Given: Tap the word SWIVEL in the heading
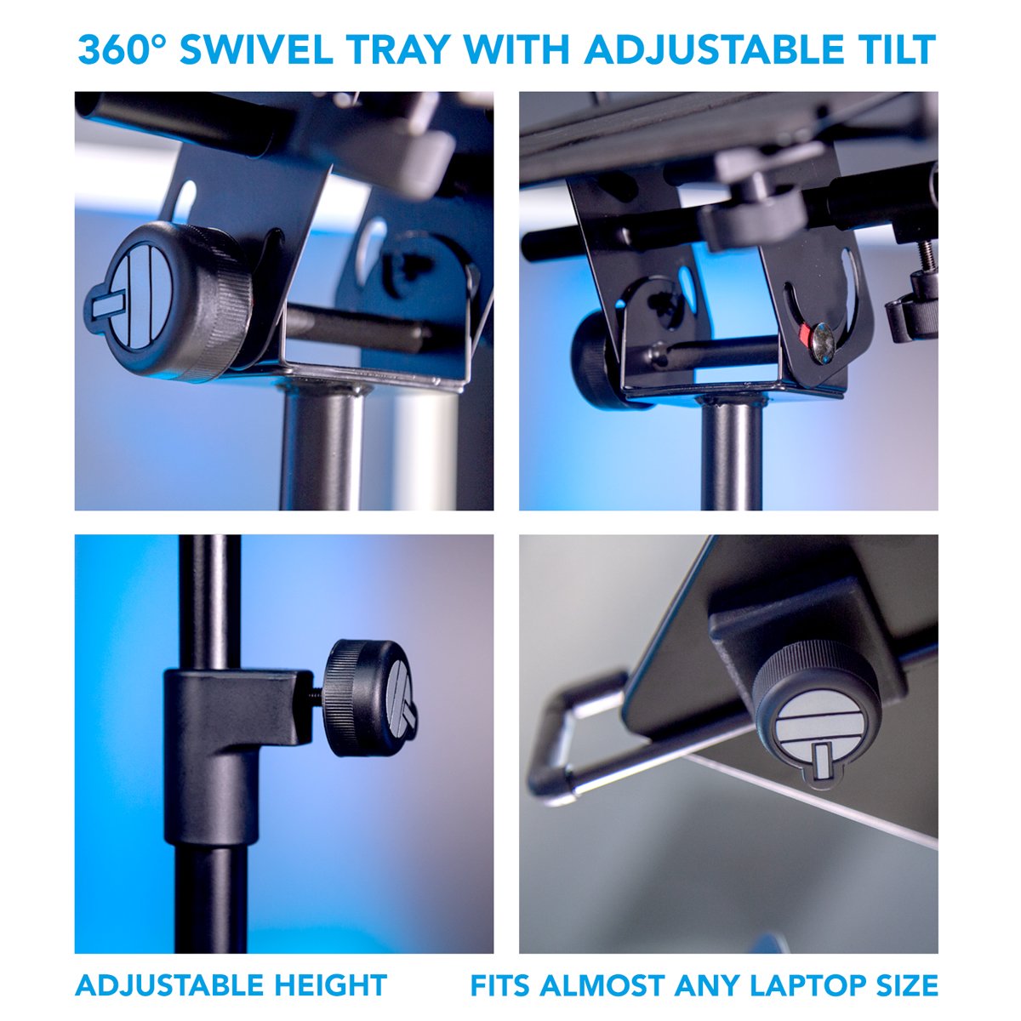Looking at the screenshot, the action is tap(256, 49).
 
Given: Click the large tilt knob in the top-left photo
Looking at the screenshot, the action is tap(168, 301).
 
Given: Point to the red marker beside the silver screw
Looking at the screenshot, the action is tap(804, 334).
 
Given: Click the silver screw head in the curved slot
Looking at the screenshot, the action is tap(823, 343).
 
